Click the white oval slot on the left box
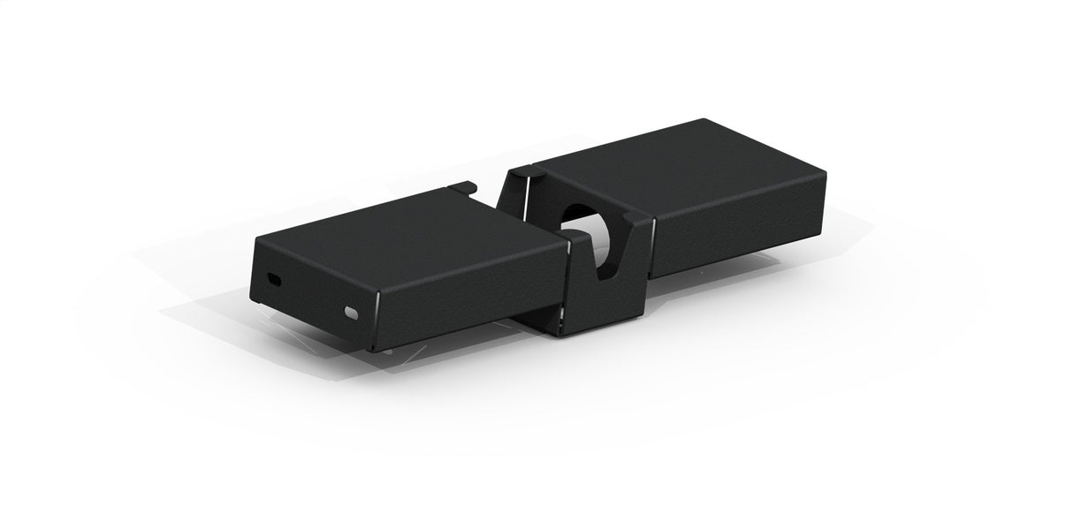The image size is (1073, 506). point(352,313)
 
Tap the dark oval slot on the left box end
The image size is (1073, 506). point(274,280)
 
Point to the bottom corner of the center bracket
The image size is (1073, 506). point(563,333)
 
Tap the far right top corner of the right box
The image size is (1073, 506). point(825,173)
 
